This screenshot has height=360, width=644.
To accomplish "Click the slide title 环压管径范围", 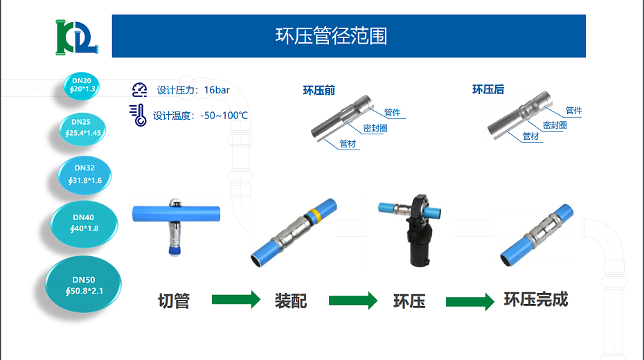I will [x=331, y=36].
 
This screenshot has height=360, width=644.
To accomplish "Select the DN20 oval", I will [x=82, y=85].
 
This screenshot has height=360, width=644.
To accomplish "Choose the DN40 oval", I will [x=84, y=223].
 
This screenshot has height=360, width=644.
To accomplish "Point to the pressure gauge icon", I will [x=140, y=89].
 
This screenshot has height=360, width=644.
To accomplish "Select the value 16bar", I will [x=217, y=90].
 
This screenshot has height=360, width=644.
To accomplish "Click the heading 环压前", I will [x=319, y=90].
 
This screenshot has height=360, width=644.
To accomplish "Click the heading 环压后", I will [x=488, y=89].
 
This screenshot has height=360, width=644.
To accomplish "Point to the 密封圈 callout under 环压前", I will [x=375, y=128].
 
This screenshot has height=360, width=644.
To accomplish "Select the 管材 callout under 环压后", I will [x=531, y=136].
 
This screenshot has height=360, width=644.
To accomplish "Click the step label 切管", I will [x=173, y=301].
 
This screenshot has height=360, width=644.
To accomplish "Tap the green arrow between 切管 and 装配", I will [x=235, y=300].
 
